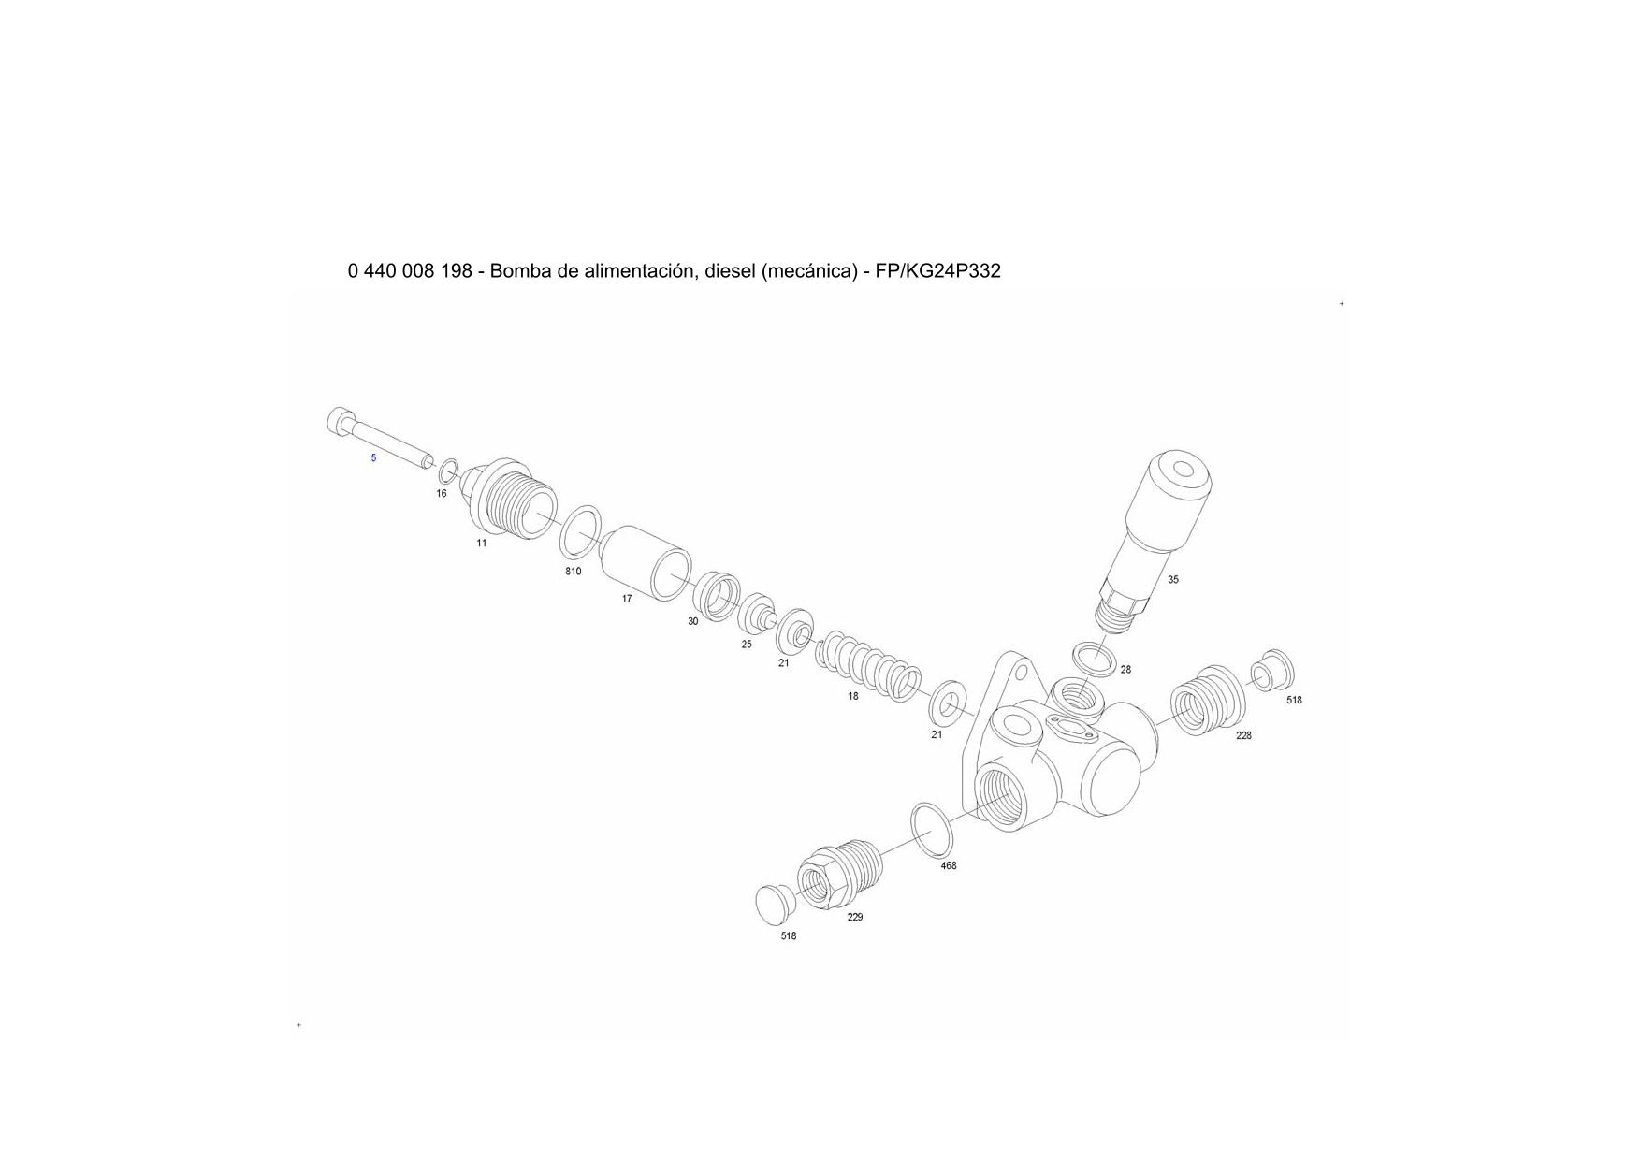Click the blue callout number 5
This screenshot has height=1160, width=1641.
point(373,458)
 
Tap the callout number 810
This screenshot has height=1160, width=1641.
point(574,572)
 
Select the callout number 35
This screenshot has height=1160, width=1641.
point(1173,580)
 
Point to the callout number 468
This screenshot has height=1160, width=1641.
point(949,866)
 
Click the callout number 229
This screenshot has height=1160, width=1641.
point(855,918)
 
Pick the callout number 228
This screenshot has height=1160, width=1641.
point(1243,736)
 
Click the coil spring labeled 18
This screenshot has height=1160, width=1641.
point(868,668)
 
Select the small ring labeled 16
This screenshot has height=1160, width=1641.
point(449,472)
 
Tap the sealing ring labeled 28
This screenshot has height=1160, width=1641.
point(1094,660)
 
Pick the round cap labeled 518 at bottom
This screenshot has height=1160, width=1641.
point(775,903)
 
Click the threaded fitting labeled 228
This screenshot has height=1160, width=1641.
point(1209,701)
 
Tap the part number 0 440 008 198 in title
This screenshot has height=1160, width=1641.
point(410,271)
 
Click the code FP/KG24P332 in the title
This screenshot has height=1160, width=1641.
point(937,271)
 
